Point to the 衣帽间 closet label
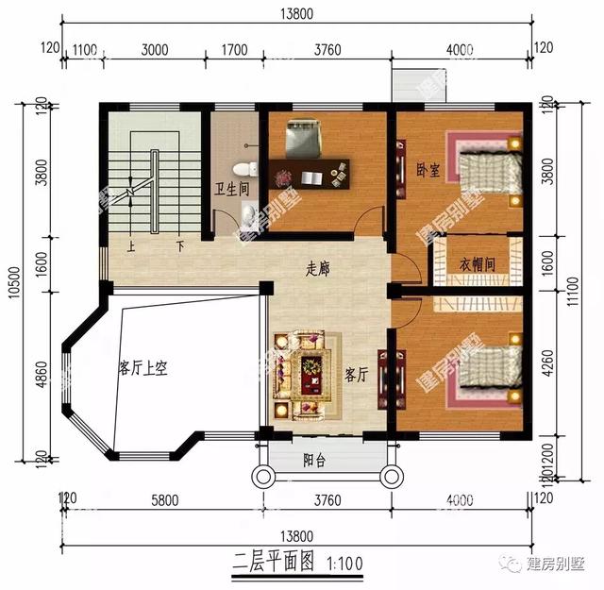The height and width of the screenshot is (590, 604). click(478, 264)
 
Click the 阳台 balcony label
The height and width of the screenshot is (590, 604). click(314, 461)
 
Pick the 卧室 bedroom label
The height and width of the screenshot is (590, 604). click(428, 171)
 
